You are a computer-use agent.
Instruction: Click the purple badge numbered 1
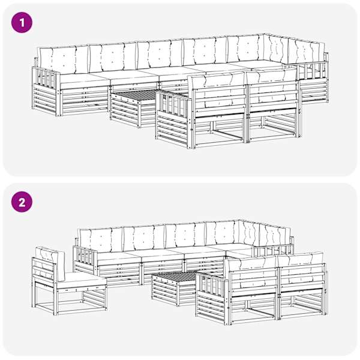22,23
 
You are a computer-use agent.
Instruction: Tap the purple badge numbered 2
22,202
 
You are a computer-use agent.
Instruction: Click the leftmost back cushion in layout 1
64,60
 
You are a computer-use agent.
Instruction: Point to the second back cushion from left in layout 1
113,58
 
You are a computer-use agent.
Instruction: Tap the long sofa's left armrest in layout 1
46,91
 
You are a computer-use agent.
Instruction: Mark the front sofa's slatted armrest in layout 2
212,297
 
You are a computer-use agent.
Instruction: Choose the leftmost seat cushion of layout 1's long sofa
83,81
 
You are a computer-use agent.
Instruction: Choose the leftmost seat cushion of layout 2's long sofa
118,259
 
